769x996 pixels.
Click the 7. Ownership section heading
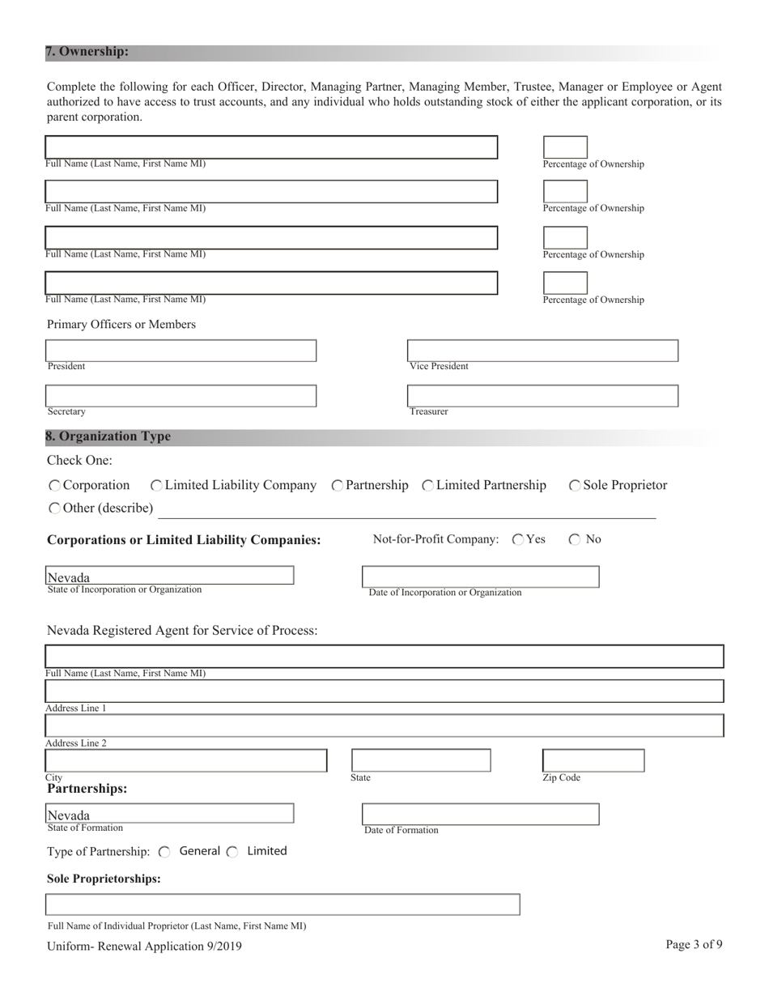87,52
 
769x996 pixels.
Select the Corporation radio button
54,486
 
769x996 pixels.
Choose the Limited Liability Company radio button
157,486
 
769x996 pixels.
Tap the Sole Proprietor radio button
575,486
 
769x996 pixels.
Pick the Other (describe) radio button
54,509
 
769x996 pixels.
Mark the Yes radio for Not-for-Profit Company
518,540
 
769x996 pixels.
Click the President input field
181,351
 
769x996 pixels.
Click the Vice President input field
542,351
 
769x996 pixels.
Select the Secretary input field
181,396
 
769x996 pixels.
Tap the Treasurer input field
542,396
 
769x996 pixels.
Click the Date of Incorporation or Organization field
480,577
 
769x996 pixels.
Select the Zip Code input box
593,760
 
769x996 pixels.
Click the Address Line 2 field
384,726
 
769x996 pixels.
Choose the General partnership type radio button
165,852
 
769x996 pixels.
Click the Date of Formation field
480,814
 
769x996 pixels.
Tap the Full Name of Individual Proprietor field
283,904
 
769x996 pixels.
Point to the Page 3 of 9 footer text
694,944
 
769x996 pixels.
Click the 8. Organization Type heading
108,436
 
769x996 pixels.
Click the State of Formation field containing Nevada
170,813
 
